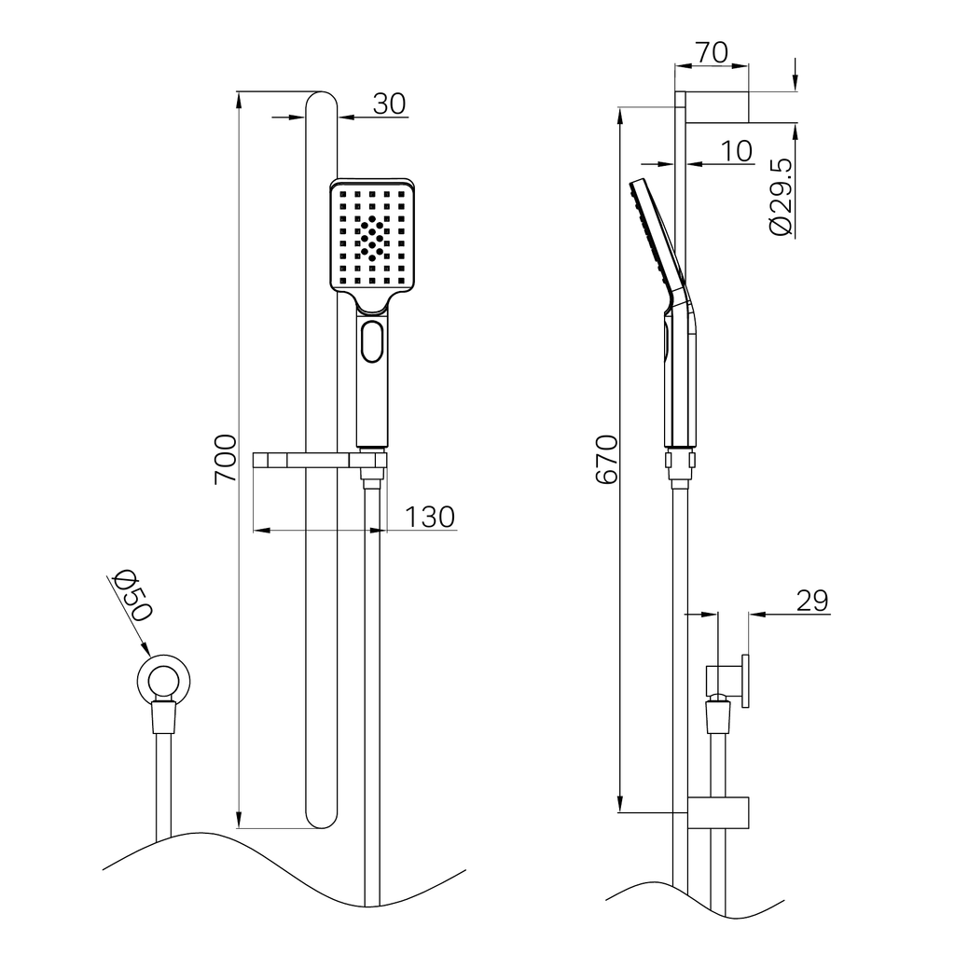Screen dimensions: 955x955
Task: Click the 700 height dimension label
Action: pos(225,458)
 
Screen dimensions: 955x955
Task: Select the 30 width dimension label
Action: pos(390,104)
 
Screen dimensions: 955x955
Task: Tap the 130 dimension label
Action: pos(430,517)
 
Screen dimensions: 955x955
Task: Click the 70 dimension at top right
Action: pos(712,53)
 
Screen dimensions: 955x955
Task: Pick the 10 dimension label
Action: pos(736,151)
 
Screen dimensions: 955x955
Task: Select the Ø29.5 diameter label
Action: pos(781,196)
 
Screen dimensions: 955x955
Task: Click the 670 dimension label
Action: pos(607,458)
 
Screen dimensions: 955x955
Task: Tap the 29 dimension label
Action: pos(812,601)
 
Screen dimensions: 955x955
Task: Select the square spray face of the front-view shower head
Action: pos(372,236)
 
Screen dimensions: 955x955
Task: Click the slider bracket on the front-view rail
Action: pos(319,459)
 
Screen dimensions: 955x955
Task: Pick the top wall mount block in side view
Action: pos(719,106)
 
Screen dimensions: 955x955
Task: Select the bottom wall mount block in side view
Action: pos(719,812)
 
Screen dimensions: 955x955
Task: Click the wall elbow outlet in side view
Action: pos(727,682)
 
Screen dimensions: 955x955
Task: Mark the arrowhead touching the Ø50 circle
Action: pos(145,650)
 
